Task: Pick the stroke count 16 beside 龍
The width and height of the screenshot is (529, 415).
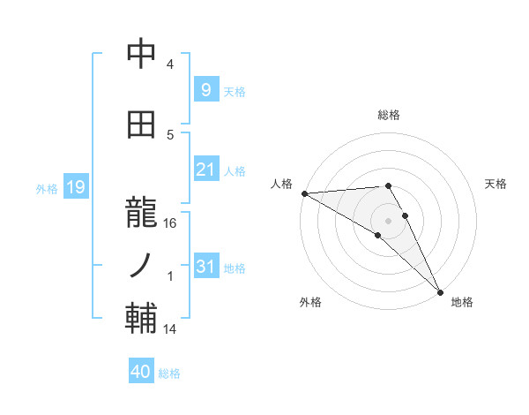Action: coord(171,223)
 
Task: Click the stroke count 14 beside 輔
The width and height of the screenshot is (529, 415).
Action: coord(171,328)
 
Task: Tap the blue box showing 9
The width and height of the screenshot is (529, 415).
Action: coord(205,90)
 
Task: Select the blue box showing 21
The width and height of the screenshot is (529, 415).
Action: coord(205,170)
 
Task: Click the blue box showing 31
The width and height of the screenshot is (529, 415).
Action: coord(205,267)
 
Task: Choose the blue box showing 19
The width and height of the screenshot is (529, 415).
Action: coord(74,187)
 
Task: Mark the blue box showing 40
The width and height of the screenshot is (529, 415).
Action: coord(140,372)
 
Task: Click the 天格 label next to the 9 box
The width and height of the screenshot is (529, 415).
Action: coord(235,91)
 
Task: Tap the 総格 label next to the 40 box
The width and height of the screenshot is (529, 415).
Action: coord(169,373)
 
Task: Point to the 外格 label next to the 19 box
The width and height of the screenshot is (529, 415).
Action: coord(47,188)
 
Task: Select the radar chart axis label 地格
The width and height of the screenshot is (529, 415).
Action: coord(462,302)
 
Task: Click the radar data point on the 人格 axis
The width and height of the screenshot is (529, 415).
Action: coord(304,193)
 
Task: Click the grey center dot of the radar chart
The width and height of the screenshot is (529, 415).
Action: coord(388,220)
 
